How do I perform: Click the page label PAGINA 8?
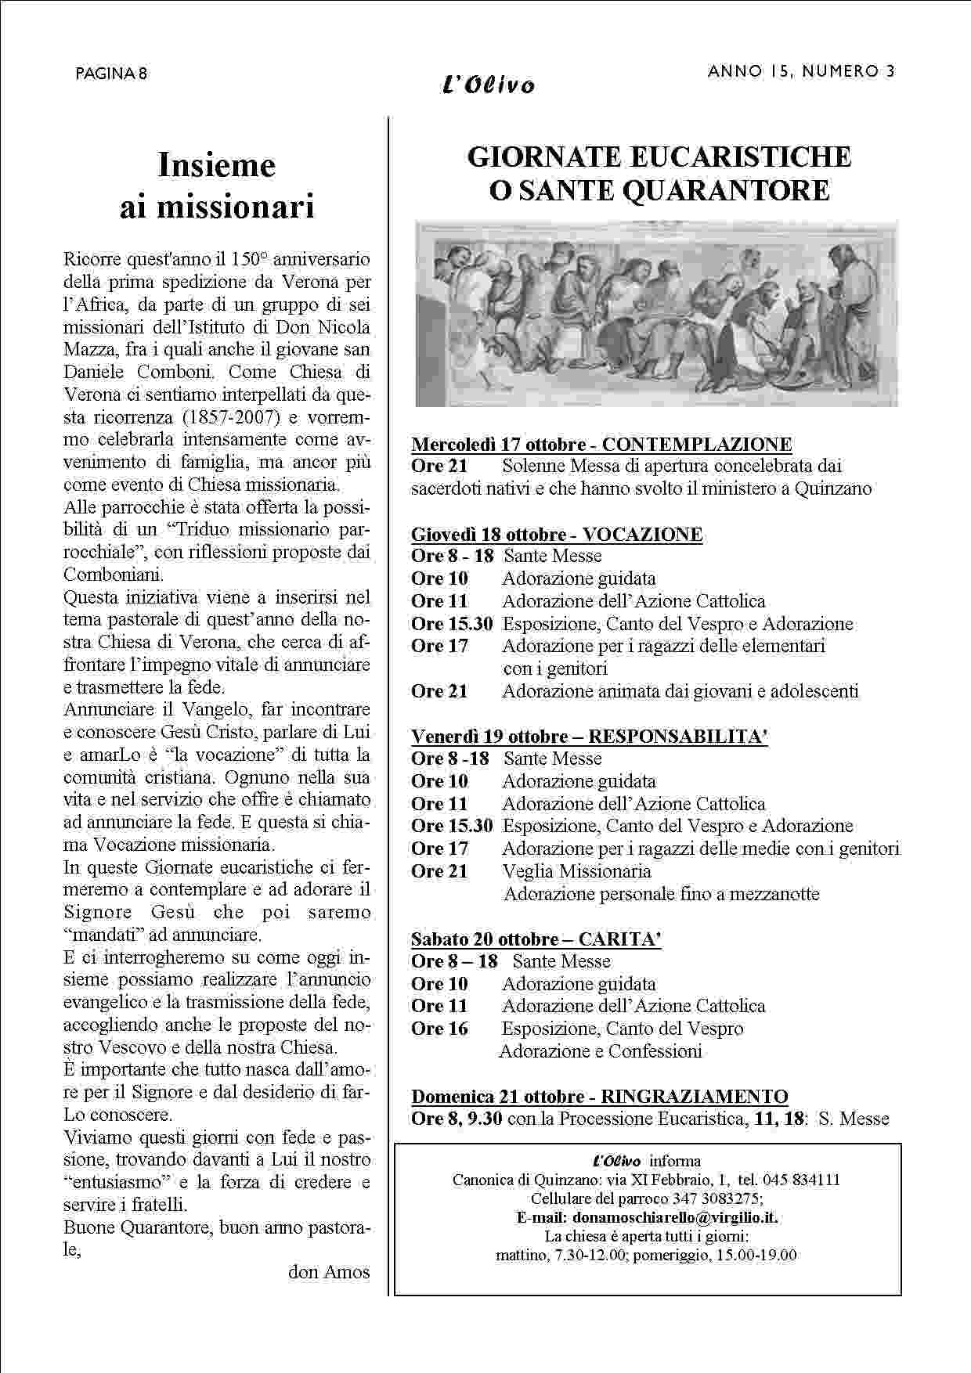pyautogui.click(x=112, y=74)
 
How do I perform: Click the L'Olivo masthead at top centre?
pyautogui.click(x=489, y=85)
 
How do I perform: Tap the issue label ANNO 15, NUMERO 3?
pyautogui.click(x=801, y=71)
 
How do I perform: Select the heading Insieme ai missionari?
pyautogui.click(x=217, y=186)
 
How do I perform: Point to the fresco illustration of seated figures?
pyautogui.click(x=656, y=314)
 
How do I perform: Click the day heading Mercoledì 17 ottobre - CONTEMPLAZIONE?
pyautogui.click(x=601, y=445)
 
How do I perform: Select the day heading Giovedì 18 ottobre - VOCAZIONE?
pyautogui.click(x=557, y=535)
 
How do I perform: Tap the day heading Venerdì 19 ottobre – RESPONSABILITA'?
pyautogui.click(x=589, y=737)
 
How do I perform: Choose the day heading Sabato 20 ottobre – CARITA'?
pyautogui.click(x=536, y=939)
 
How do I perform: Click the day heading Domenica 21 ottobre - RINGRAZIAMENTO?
pyautogui.click(x=600, y=1097)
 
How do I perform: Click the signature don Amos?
pyautogui.click(x=329, y=1272)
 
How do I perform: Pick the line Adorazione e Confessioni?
pyautogui.click(x=600, y=1051)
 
